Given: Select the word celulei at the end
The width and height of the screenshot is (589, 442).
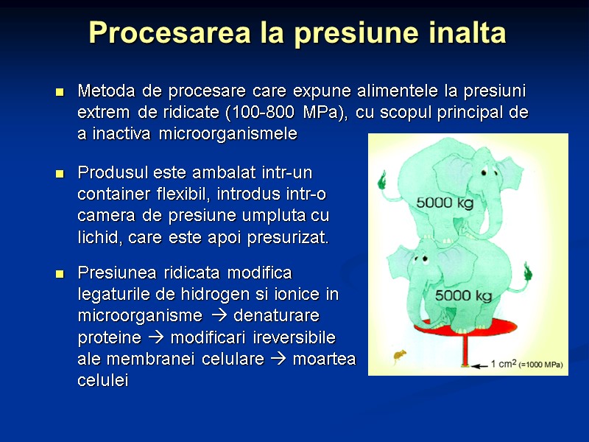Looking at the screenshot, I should (102, 380).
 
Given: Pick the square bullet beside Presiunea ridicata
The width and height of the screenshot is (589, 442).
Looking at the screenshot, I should (60, 274).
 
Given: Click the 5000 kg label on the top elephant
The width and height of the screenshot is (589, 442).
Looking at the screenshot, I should (445, 201).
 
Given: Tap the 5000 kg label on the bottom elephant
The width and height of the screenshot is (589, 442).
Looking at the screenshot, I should (463, 295).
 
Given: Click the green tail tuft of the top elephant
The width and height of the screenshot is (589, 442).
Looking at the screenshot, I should (382, 179).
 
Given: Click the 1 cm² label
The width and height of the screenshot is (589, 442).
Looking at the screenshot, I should (503, 363).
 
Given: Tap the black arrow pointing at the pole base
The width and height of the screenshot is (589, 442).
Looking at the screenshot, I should (479, 364).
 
